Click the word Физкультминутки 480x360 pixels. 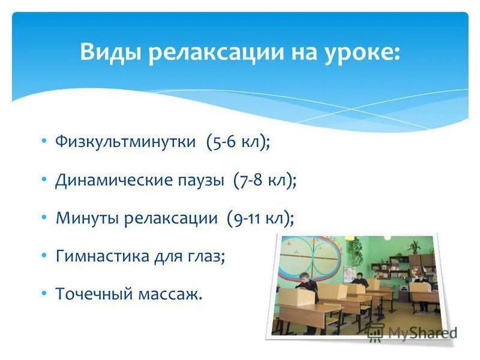125,142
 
